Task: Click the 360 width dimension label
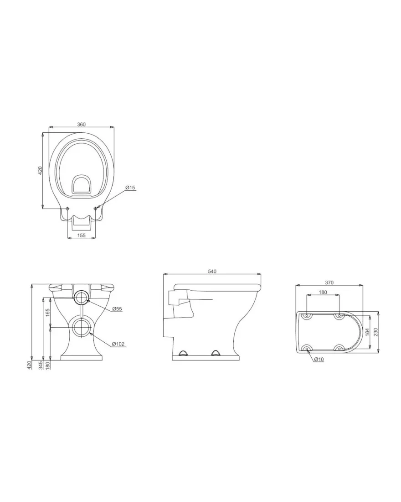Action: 82,124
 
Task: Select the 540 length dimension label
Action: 212,271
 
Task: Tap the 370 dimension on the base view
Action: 329,282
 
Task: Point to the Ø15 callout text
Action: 130,187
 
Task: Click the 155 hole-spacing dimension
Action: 82,235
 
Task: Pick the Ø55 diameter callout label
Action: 117,309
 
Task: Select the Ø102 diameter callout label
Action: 118,344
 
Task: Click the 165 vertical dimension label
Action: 48,313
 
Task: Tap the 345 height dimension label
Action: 41,365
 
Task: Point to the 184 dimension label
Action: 367,332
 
